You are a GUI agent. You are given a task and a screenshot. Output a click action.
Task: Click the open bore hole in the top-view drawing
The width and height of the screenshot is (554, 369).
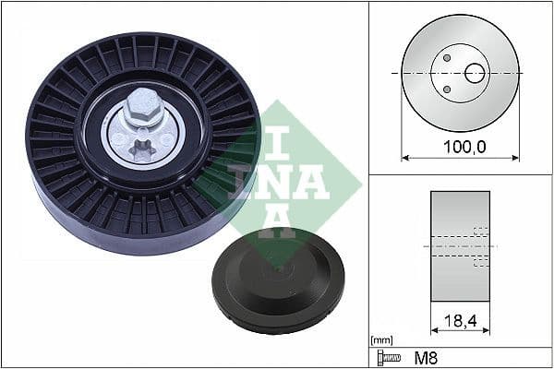click(475, 72)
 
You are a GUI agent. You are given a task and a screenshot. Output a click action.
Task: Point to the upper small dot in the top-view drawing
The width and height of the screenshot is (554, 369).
click(447, 57)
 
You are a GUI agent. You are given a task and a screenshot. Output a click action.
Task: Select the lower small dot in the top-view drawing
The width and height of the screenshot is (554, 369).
click(447, 89)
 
